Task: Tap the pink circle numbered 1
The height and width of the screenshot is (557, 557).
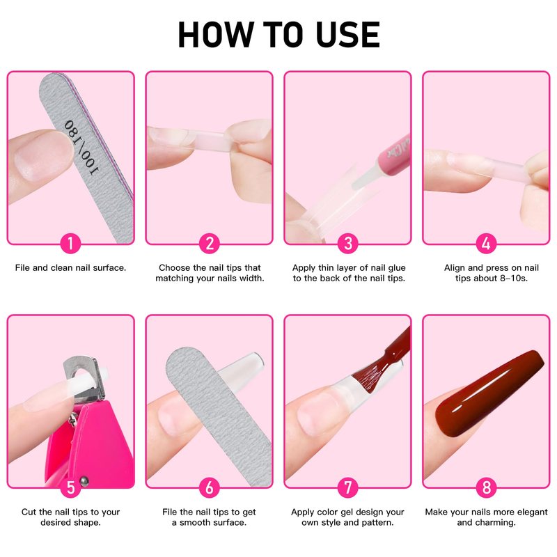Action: click(70, 243)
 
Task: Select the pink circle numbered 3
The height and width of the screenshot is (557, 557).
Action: click(347, 243)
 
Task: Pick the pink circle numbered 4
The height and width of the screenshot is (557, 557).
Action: click(486, 243)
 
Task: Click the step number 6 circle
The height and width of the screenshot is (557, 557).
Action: click(210, 487)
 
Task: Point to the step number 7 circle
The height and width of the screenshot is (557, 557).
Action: click(347, 487)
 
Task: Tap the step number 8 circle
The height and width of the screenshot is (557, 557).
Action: click(486, 487)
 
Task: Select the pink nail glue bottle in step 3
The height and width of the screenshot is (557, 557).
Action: click(393, 155)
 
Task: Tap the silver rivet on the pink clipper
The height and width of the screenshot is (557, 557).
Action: click(84, 481)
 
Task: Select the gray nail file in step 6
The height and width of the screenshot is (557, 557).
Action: click(219, 416)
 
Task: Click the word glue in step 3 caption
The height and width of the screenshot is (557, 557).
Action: click(396, 268)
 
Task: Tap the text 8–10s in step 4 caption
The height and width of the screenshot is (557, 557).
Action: click(514, 278)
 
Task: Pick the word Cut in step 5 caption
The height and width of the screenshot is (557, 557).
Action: click(29, 512)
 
